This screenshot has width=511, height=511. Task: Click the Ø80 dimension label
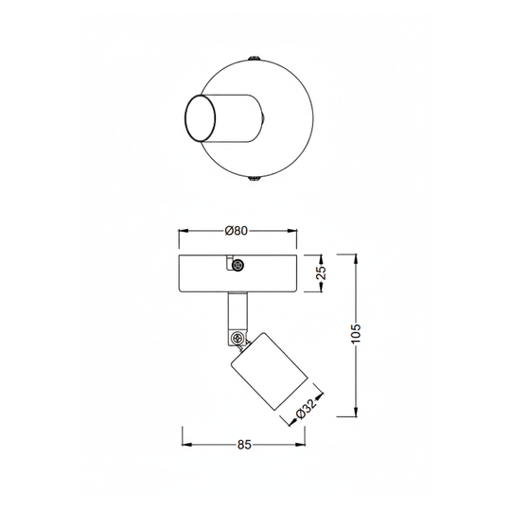237,231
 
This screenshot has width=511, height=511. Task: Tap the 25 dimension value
322,273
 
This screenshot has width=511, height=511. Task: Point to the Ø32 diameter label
307,410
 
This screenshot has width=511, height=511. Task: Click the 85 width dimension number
244,445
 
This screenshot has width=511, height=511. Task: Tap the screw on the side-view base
238,265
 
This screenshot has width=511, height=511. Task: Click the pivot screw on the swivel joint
238,339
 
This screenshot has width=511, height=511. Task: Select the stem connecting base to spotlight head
238,314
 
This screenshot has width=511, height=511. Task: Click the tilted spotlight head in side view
269,372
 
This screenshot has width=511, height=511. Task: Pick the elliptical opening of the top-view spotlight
200,118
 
